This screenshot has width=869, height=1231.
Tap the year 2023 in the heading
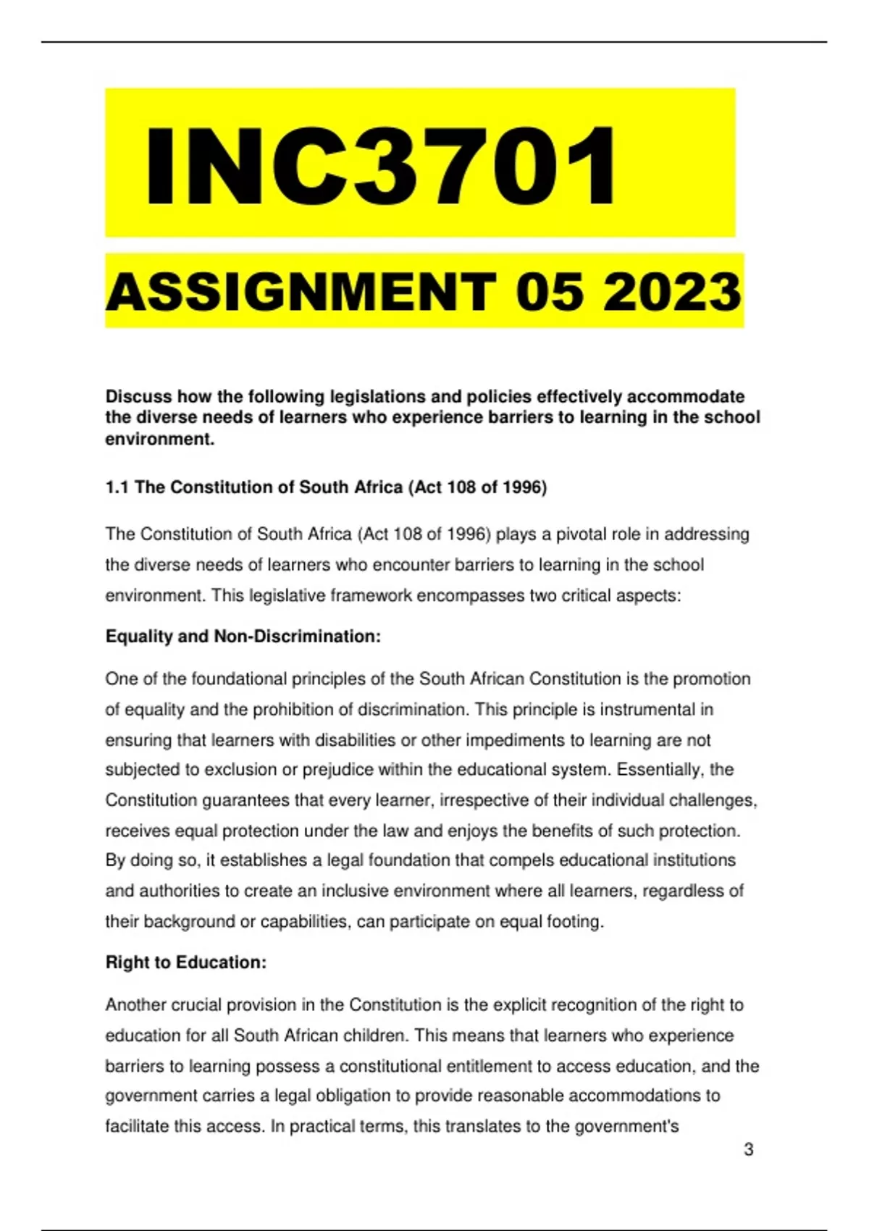click(x=672, y=292)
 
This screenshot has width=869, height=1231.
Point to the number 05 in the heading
click(x=550, y=292)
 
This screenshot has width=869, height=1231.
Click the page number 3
click(x=749, y=1149)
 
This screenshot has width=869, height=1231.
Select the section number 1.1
click(x=117, y=487)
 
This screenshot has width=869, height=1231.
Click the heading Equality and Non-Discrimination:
click(x=243, y=636)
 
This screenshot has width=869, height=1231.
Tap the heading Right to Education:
click(x=186, y=962)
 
